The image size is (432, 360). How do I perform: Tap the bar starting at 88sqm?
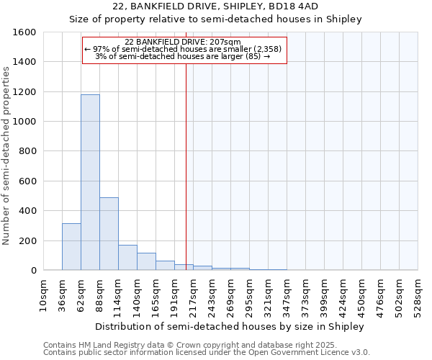109,233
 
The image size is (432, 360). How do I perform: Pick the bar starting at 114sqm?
127,257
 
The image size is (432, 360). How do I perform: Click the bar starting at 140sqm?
146,261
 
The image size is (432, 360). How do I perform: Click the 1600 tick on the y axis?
24,32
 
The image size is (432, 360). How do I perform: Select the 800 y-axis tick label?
27,151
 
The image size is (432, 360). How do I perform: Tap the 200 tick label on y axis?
27,240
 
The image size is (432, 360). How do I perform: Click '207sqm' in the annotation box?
226,42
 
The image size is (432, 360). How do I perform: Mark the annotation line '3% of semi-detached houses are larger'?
184,56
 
